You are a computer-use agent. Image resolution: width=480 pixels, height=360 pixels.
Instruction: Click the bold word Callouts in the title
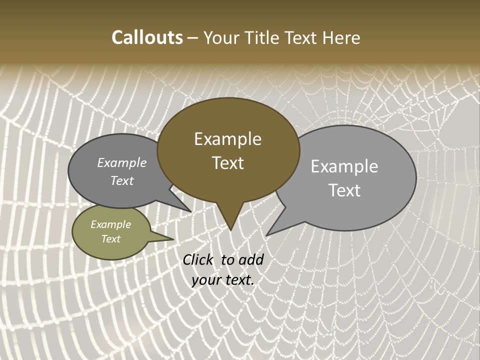(147, 37)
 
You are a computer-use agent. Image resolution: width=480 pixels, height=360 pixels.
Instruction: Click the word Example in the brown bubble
(227, 139)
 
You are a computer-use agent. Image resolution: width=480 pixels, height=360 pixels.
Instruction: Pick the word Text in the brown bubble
(227, 163)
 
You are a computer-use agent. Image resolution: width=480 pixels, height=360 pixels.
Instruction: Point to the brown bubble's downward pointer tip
(230, 229)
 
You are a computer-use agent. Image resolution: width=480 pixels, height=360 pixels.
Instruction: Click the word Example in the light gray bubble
(344, 166)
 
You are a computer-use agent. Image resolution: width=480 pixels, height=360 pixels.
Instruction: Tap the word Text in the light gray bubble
(344, 190)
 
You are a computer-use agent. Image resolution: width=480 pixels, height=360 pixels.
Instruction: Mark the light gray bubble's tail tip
(267, 234)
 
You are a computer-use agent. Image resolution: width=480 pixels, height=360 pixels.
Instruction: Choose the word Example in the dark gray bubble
(122, 163)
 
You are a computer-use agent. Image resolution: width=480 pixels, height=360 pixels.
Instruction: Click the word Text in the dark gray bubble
(122, 180)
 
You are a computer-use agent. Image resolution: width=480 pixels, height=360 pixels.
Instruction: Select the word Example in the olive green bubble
(111, 224)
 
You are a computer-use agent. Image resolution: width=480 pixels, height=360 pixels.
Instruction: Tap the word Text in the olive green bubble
(111, 239)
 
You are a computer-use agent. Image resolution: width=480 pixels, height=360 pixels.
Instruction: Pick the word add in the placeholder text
(251, 259)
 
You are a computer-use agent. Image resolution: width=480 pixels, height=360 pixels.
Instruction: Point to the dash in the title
(193, 38)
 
